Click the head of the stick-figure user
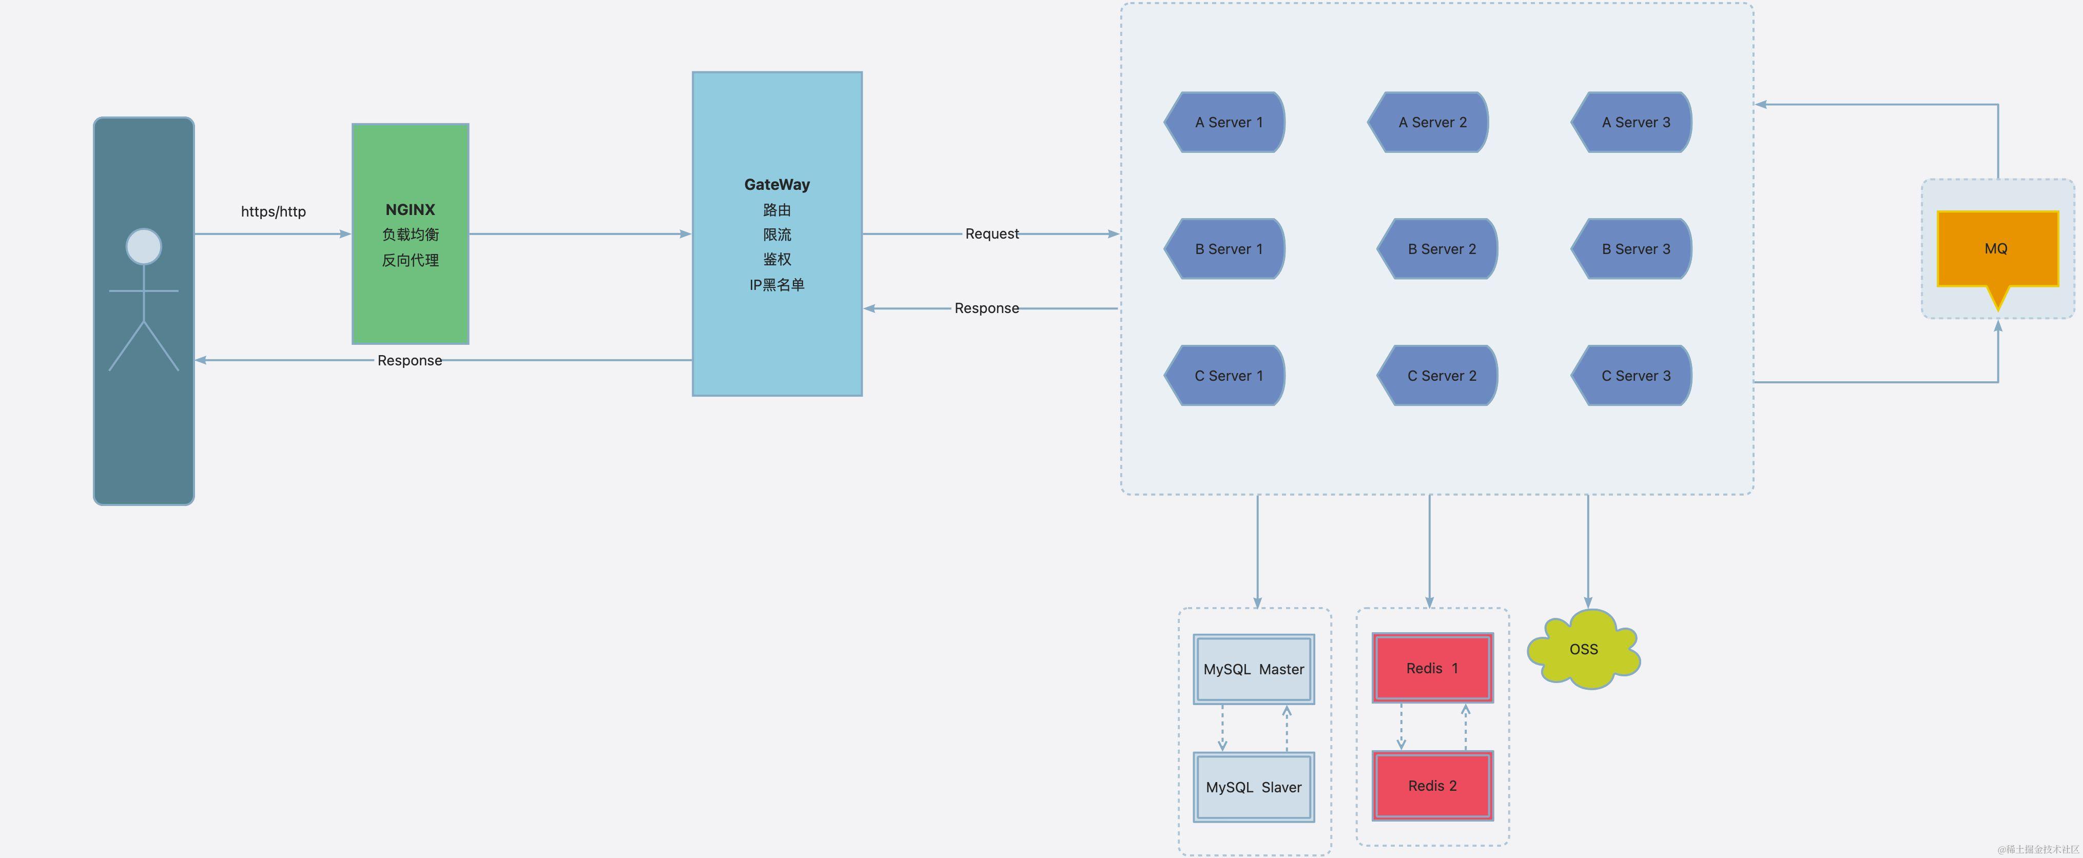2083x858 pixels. (x=144, y=247)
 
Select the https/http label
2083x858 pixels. (x=274, y=212)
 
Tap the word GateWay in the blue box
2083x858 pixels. (x=776, y=184)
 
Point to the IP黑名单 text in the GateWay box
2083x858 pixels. (x=776, y=285)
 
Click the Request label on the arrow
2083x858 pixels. (x=991, y=233)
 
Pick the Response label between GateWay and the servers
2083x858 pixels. (x=986, y=308)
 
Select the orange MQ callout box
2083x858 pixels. (x=1996, y=249)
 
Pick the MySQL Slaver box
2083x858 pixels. (x=1253, y=787)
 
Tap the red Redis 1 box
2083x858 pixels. (x=1432, y=668)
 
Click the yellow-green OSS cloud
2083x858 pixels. (x=1583, y=649)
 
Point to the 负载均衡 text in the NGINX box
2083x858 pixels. (x=410, y=235)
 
